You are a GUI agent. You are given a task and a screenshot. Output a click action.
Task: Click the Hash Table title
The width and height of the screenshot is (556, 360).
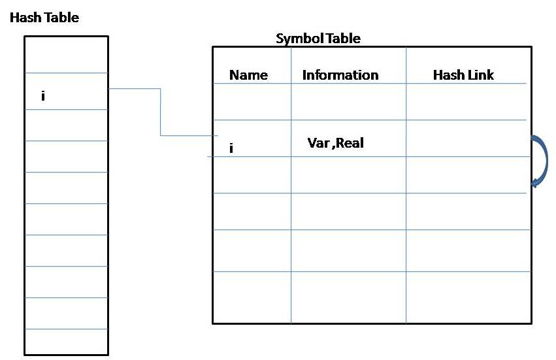point(44,18)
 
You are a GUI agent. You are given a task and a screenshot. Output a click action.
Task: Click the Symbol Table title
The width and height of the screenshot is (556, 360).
point(318,39)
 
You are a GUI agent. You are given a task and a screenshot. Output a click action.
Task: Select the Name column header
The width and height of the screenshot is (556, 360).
point(248,75)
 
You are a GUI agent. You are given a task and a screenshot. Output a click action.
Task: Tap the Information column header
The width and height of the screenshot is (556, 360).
point(340,75)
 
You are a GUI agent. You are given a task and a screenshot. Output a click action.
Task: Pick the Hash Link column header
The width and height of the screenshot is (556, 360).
point(463,75)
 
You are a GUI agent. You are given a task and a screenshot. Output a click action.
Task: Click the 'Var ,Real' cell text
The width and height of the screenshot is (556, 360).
point(335,143)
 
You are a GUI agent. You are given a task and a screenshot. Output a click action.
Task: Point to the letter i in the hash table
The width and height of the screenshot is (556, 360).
point(43,96)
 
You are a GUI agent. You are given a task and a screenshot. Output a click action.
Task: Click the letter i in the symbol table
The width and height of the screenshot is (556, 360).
point(231,148)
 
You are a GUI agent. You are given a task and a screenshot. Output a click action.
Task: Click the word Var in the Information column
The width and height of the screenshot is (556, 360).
point(318,143)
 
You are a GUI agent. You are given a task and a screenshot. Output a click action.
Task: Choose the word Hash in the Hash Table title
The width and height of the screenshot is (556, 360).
point(24,18)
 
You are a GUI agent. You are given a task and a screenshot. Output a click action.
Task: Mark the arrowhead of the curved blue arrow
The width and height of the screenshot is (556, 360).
point(536,182)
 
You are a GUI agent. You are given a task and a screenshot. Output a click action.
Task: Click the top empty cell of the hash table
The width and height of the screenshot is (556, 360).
point(66,54)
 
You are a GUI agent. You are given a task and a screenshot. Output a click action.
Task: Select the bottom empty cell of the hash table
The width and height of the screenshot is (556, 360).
point(66,341)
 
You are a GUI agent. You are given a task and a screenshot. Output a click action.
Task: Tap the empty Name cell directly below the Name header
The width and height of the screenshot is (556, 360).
point(252,102)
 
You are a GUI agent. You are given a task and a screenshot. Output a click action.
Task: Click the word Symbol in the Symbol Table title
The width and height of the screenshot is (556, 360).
point(297,39)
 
